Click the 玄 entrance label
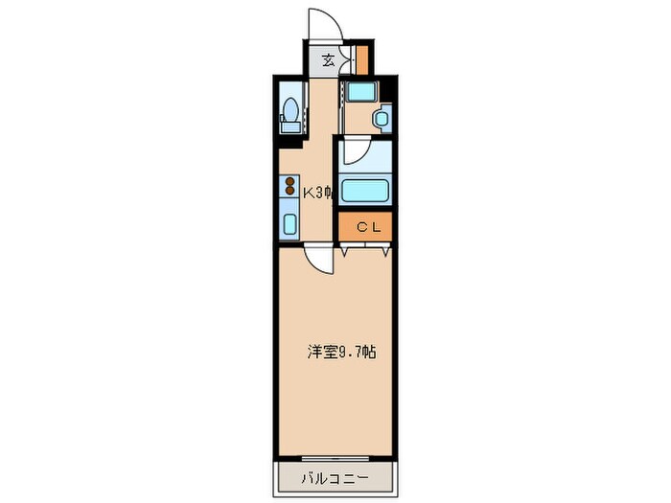328,60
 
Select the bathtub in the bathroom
362,190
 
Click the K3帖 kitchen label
317,193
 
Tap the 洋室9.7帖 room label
340,352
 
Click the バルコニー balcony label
335,475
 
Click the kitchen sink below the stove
290,223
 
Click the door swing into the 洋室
319,259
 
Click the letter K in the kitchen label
308,193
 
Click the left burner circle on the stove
290,181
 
